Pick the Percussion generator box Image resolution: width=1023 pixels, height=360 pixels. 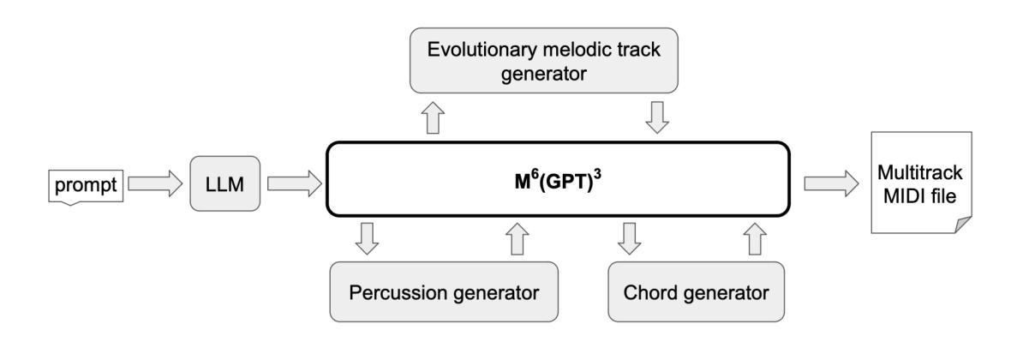coord(444,291)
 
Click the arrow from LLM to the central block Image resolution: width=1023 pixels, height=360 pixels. coord(294,182)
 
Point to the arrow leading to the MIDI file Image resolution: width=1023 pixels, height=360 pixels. coord(829,182)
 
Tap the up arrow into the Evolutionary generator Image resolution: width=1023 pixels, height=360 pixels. coord(435,117)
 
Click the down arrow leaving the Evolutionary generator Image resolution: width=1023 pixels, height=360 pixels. coord(656,117)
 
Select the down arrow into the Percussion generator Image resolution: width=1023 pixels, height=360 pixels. coord(368,239)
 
